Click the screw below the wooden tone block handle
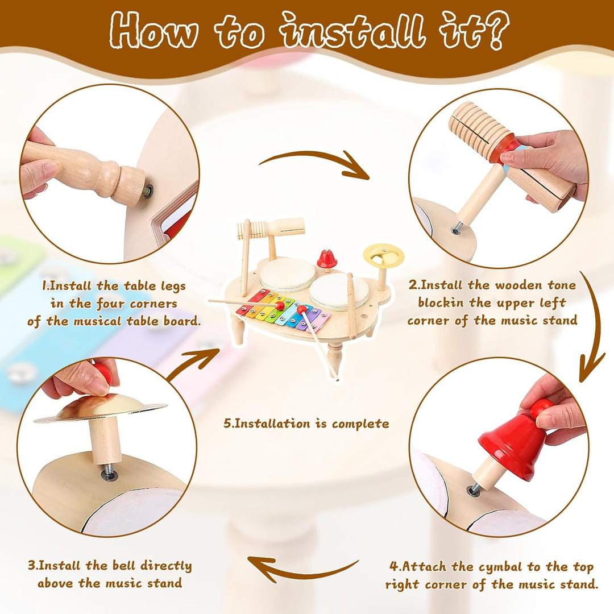pyautogui.click(x=456, y=229)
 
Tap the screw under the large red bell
pyautogui.click(x=475, y=489)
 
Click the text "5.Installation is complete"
pyautogui.click(x=306, y=424)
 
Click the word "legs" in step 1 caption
pyautogui.click(x=173, y=286)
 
